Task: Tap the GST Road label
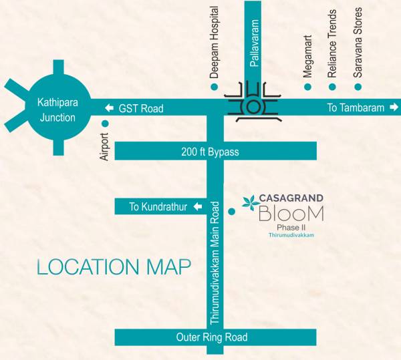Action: point(140,108)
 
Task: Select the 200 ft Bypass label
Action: point(210,152)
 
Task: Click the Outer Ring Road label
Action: point(212,337)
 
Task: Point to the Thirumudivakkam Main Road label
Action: point(215,262)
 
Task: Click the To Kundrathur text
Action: point(158,207)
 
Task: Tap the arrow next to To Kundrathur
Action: point(197,207)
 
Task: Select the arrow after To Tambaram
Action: point(394,108)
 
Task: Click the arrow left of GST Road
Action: point(109,108)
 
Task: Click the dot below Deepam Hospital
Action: point(214,87)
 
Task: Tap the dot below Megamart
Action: point(307,87)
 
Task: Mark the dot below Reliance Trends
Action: point(332,87)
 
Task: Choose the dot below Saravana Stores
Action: point(358,87)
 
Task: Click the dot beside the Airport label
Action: point(104,124)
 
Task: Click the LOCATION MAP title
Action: point(114,267)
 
